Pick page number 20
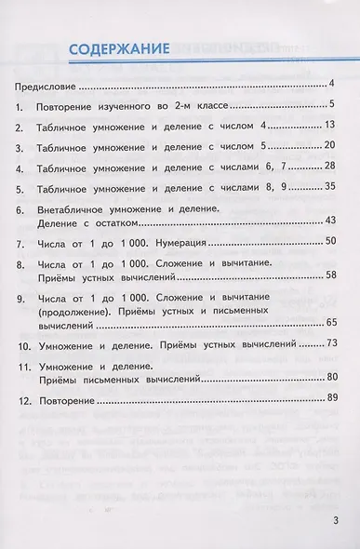click(329, 146)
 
